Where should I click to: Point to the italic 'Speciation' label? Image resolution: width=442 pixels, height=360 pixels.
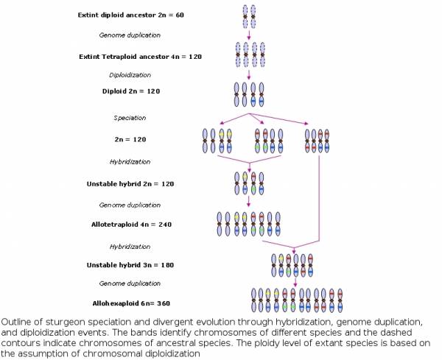pyautogui.click(x=130, y=118)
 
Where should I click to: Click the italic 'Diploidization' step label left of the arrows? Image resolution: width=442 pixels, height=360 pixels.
pyautogui.click(x=130, y=75)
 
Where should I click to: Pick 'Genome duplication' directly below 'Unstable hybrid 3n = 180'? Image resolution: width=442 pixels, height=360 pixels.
pyautogui.click(x=130, y=283)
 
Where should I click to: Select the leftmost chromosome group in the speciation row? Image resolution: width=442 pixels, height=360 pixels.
pyautogui.click(x=217, y=140)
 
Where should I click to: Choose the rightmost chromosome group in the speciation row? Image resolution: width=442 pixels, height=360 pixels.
pyautogui.click(x=318, y=140)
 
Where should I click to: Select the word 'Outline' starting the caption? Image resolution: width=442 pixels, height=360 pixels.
pyautogui.click(x=15, y=322)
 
